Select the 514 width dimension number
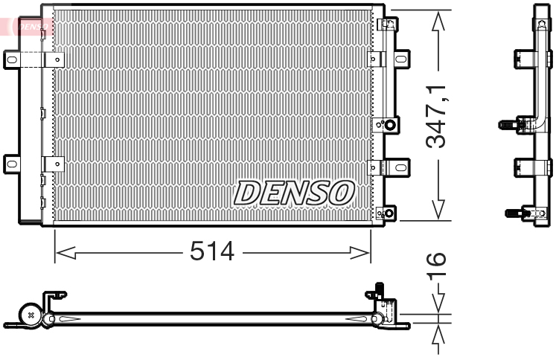(x=211, y=251)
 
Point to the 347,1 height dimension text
(x=438, y=115)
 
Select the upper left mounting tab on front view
(x=13, y=60)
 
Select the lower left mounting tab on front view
(x=13, y=163)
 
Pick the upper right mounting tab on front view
(x=400, y=59)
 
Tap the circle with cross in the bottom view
(x=30, y=315)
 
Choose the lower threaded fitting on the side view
(x=514, y=213)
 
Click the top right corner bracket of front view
(x=387, y=25)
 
